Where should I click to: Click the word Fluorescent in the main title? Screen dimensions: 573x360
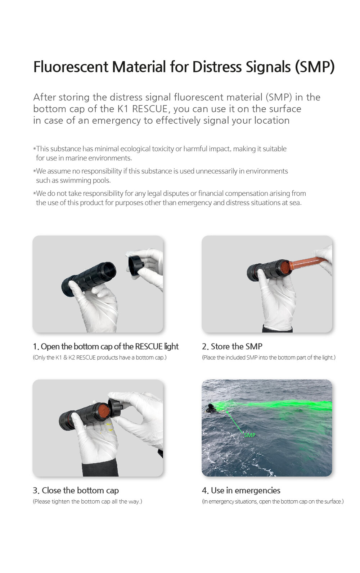(71, 67)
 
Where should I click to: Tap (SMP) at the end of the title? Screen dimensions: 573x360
(315, 67)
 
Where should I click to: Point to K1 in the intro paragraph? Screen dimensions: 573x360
(123, 109)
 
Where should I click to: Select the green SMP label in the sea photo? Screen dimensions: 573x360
(249, 435)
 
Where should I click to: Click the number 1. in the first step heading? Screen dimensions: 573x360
(36, 347)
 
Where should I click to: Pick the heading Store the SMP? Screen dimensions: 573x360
(236, 347)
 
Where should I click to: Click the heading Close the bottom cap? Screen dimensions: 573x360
(80, 491)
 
